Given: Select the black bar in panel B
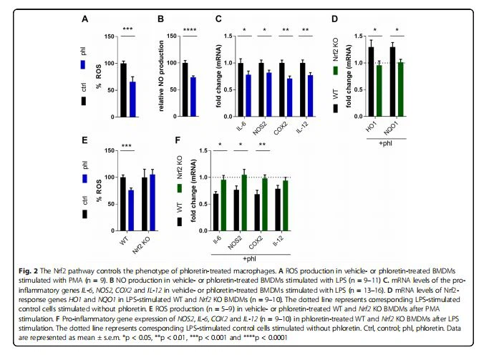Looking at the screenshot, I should point(185,89).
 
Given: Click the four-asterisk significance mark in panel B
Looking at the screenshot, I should point(189,29).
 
